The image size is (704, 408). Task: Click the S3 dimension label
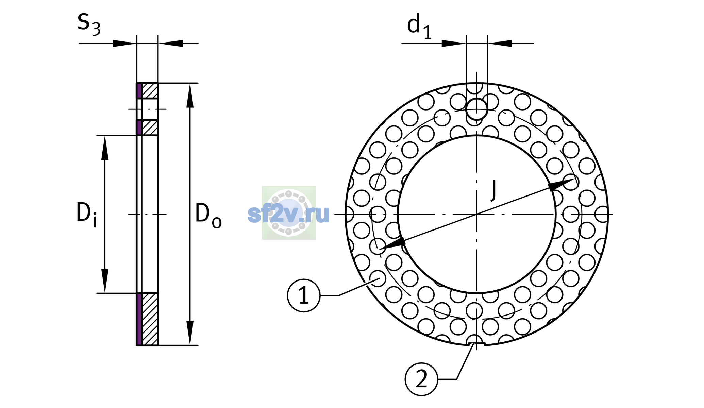coord(89,24)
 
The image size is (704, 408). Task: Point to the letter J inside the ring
coord(493,190)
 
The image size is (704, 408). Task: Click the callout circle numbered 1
coord(304,295)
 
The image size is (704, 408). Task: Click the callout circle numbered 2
coord(421,379)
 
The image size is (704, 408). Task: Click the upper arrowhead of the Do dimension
coord(190,96)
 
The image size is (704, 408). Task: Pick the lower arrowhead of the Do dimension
coord(190,333)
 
